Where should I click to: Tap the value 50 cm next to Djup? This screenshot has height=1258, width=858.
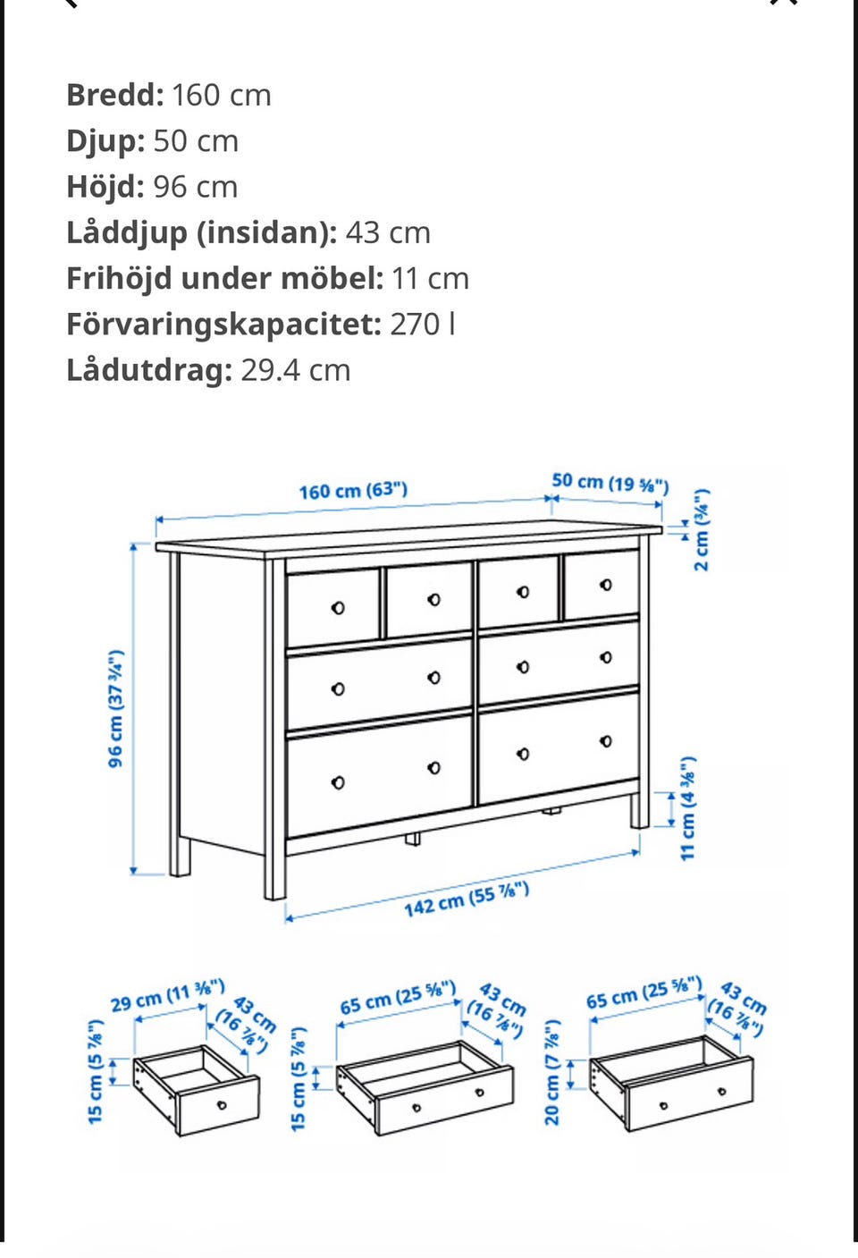(196, 141)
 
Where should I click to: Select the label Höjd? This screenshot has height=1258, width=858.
(105, 187)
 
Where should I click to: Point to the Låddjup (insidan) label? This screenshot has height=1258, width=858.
(201, 232)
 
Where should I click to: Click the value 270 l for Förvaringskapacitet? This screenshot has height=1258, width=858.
(422, 324)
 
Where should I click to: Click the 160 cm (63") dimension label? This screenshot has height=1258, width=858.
(353, 491)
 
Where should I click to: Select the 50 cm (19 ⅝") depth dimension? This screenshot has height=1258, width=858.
(610, 483)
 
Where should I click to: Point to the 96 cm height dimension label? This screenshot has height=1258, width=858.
(115, 708)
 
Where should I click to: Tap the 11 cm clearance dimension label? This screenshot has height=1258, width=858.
(687, 808)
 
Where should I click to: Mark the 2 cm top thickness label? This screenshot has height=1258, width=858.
(702, 529)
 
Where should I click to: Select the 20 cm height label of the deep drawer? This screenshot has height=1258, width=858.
(551, 1072)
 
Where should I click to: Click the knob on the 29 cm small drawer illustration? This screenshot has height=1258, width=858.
(222, 1105)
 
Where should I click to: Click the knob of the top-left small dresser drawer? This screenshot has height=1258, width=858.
(338, 608)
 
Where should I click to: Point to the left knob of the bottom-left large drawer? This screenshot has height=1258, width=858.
(338, 782)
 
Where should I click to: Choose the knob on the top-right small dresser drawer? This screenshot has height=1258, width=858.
(606, 585)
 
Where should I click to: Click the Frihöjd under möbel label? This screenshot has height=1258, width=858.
(224, 278)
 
